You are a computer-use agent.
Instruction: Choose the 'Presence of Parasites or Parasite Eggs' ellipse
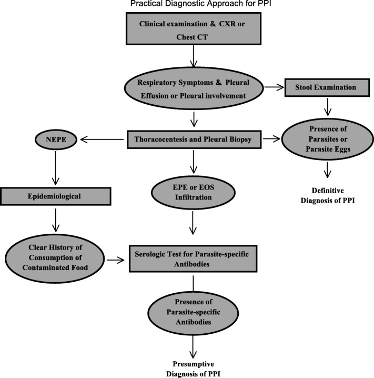click(x=328, y=140)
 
